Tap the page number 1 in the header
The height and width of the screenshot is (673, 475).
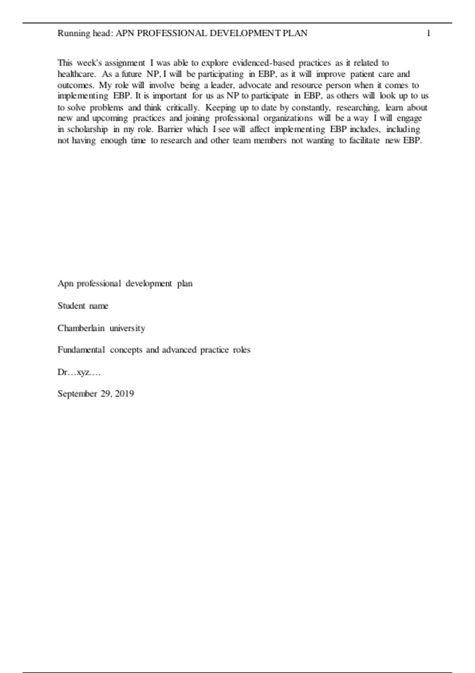(x=428, y=33)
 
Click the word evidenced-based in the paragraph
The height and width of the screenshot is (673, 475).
(x=263, y=63)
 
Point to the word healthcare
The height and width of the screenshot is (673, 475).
(x=76, y=74)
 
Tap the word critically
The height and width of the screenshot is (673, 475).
(x=183, y=107)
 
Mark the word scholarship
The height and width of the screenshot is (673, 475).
(x=87, y=129)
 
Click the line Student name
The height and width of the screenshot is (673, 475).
(x=83, y=306)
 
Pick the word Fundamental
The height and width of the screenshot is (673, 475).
(x=81, y=350)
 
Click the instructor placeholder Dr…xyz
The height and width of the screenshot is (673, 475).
(x=79, y=372)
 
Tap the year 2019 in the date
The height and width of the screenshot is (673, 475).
(x=124, y=394)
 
